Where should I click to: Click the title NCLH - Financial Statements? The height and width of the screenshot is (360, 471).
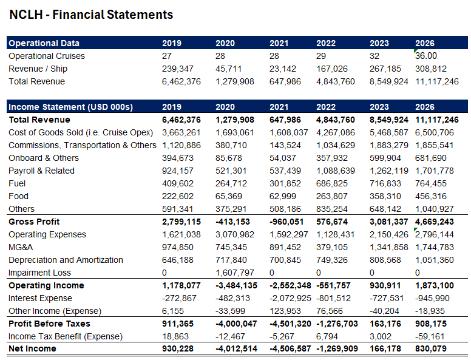click(91, 15)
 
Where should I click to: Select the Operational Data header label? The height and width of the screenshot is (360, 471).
click(44, 43)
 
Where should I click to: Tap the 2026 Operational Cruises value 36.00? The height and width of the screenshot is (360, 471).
click(426, 56)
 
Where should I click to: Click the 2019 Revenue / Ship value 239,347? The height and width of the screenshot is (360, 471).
click(178, 69)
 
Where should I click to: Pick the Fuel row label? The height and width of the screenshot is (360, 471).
click(17, 183)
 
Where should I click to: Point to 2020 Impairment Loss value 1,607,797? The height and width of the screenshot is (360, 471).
click(235, 273)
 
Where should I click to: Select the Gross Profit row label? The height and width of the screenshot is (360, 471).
click(34, 222)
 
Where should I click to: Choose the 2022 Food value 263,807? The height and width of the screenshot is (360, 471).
click(332, 196)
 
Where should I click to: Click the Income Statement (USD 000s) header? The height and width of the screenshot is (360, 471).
click(70, 107)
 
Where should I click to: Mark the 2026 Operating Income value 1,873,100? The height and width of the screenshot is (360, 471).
click(434, 285)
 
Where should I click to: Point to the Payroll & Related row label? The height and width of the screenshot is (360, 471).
click(41, 171)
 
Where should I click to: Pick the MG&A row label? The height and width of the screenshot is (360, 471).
click(21, 247)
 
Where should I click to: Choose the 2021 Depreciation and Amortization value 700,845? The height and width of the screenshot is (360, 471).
click(285, 260)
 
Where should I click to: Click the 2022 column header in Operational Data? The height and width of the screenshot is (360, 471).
click(326, 43)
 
